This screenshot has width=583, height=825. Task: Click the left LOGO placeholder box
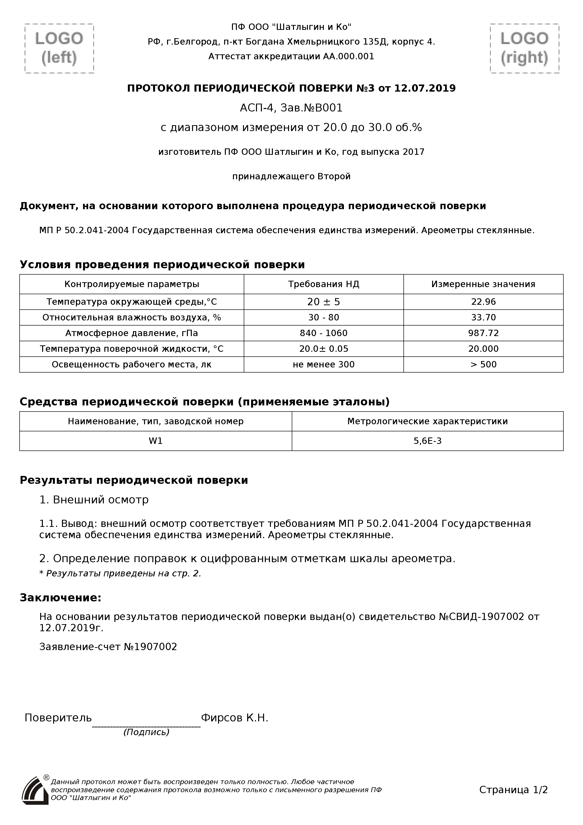[59, 49]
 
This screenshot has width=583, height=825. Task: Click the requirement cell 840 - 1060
[324, 333]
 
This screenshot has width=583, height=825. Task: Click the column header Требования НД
[324, 284]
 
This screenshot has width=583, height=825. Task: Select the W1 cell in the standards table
[156, 441]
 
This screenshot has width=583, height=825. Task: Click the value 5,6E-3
[427, 441]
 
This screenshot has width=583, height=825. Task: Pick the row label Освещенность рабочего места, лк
[132, 364]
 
